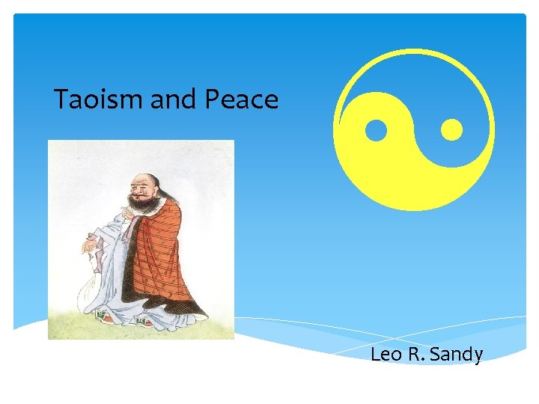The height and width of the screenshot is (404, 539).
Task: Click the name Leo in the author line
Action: click(x=386, y=354)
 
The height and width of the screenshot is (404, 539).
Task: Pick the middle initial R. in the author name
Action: click(x=417, y=354)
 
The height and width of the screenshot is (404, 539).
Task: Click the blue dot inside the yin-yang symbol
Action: click(x=376, y=131)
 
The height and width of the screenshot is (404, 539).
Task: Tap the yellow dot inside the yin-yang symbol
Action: click(x=451, y=130)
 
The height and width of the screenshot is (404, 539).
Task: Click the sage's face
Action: click(x=142, y=192)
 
